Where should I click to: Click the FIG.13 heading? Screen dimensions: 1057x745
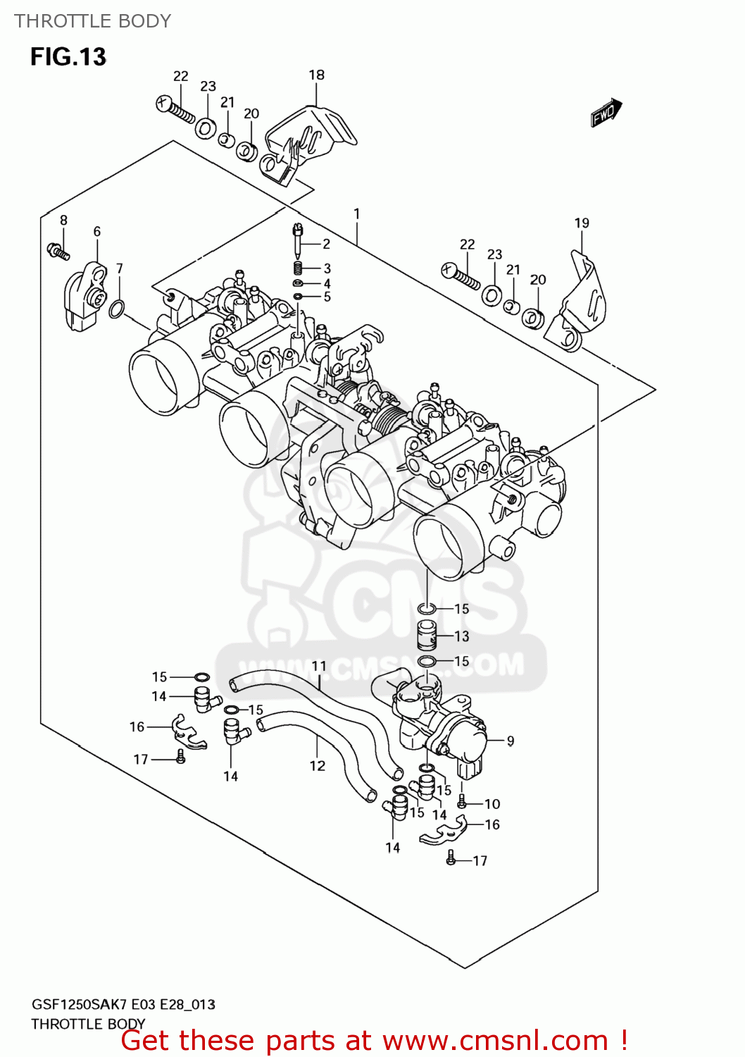click(x=68, y=56)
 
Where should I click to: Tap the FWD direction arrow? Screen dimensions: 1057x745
click(x=606, y=112)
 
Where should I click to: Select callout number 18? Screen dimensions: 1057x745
click(x=316, y=75)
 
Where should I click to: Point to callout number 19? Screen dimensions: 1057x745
click(x=581, y=223)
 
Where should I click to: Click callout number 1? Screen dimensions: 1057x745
click(x=357, y=214)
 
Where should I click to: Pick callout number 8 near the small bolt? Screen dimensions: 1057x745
click(x=63, y=220)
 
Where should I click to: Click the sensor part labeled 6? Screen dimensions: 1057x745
click(x=84, y=296)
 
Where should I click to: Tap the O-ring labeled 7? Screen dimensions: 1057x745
click(x=118, y=309)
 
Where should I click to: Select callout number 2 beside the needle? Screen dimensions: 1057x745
click(x=326, y=244)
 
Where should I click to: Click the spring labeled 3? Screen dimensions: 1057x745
click(x=298, y=268)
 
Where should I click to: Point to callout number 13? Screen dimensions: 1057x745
click(x=461, y=636)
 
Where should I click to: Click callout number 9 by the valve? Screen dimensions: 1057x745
click(x=510, y=741)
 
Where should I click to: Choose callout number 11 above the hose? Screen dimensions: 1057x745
click(x=319, y=666)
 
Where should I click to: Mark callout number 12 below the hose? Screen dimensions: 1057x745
click(x=318, y=765)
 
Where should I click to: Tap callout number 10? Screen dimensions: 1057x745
click(x=492, y=803)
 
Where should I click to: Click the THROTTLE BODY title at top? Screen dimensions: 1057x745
click(x=92, y=21)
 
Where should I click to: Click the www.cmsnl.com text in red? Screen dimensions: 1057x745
click(x=495, y=1041)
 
